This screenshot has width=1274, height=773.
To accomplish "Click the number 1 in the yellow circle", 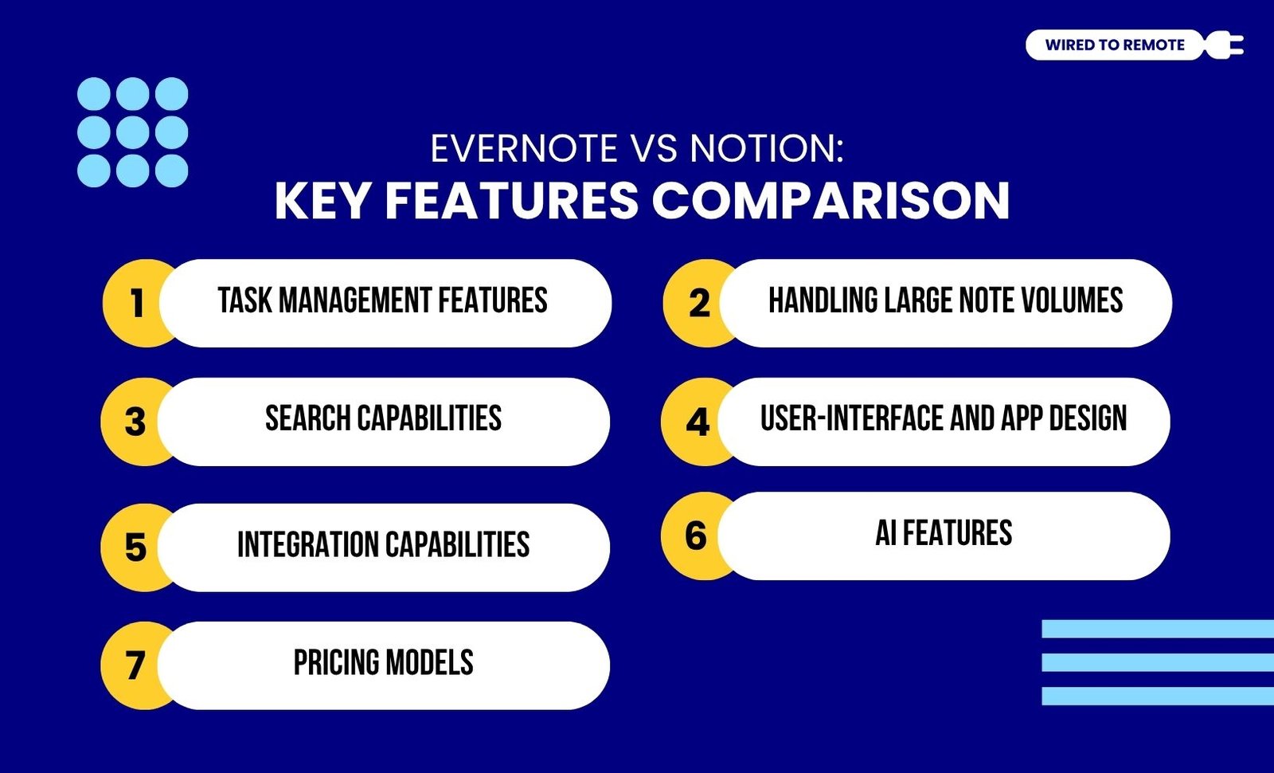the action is point(136,304).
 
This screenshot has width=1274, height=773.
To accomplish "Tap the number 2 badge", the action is point(698,304).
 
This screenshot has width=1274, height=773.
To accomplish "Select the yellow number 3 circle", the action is point(135,422).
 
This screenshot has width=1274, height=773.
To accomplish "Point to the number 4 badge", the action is point(698,422).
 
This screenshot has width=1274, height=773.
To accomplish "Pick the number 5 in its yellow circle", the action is point(135,547).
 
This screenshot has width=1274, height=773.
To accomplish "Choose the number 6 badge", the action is point(696,536).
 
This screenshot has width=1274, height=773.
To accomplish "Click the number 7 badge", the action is point(135,665).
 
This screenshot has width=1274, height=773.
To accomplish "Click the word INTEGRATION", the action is point(307,544).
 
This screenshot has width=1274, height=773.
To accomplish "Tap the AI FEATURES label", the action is point(944,533).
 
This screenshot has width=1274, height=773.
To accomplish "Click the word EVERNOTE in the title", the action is point(524,148).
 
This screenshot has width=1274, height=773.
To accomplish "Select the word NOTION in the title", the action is point(767,148).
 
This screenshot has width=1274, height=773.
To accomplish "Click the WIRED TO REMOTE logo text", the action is point(1115,45).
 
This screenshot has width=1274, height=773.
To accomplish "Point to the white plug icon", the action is point(1224,45).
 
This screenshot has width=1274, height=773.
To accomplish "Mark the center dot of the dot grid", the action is point(132,132).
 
